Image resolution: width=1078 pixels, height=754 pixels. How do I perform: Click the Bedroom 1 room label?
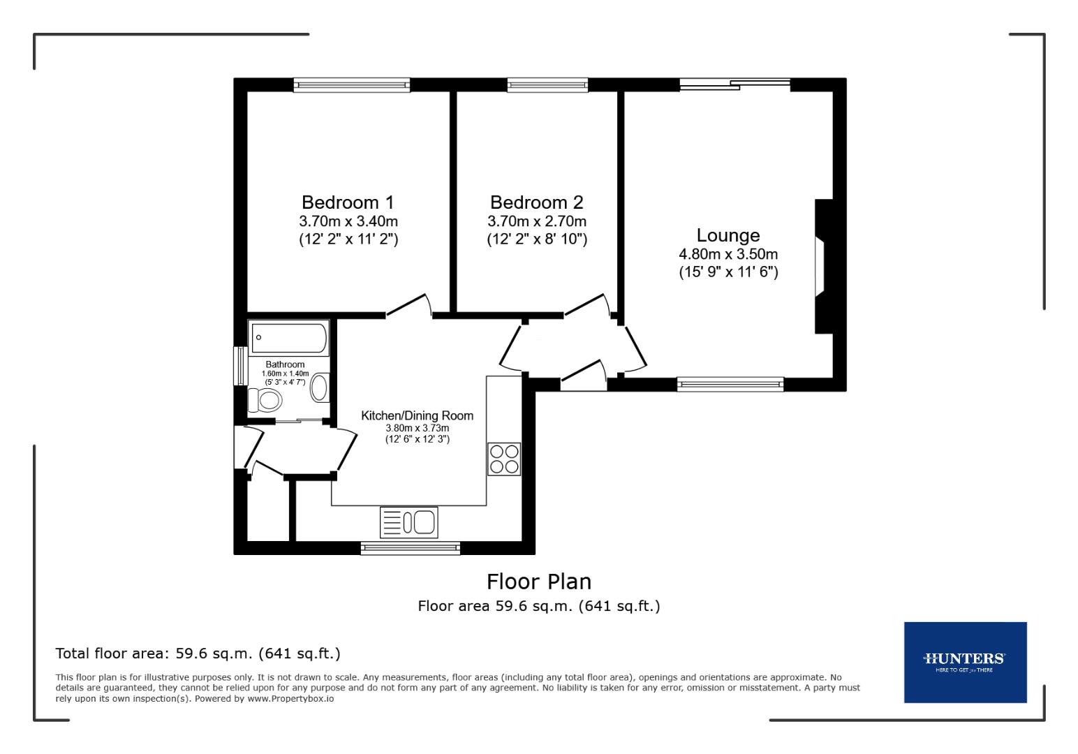coord(348,202)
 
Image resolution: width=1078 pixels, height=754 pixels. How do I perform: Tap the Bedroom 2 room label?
coord(536,202)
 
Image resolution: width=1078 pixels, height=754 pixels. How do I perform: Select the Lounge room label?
coord(728,235)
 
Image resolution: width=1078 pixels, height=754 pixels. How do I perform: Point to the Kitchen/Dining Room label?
coord(417,415)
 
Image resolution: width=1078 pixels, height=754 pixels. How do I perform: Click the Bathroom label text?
coord(285,364)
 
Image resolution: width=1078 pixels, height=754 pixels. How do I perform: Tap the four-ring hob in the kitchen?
coord(504,459)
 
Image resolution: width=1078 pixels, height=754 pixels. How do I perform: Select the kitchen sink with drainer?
coord(409,522)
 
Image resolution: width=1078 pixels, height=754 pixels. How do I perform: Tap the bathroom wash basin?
coord(320,387)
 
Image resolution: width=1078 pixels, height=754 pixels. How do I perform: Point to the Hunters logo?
coord(965,661)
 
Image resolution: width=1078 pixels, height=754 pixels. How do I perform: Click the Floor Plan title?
coord(538,582)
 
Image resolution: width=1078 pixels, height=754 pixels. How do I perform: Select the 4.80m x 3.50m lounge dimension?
coord(728,254)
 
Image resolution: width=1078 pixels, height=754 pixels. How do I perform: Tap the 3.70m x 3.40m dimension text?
coord(348,221)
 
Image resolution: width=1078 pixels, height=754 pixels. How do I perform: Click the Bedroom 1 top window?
coord(352,85)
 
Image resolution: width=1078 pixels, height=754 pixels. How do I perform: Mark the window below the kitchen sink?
coord(411,548)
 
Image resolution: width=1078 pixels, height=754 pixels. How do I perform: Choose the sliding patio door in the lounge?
coord(734,85)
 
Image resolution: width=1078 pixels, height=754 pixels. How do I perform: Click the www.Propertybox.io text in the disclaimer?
coord(290,698)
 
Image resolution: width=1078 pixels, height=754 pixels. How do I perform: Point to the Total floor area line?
coord(198,653)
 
